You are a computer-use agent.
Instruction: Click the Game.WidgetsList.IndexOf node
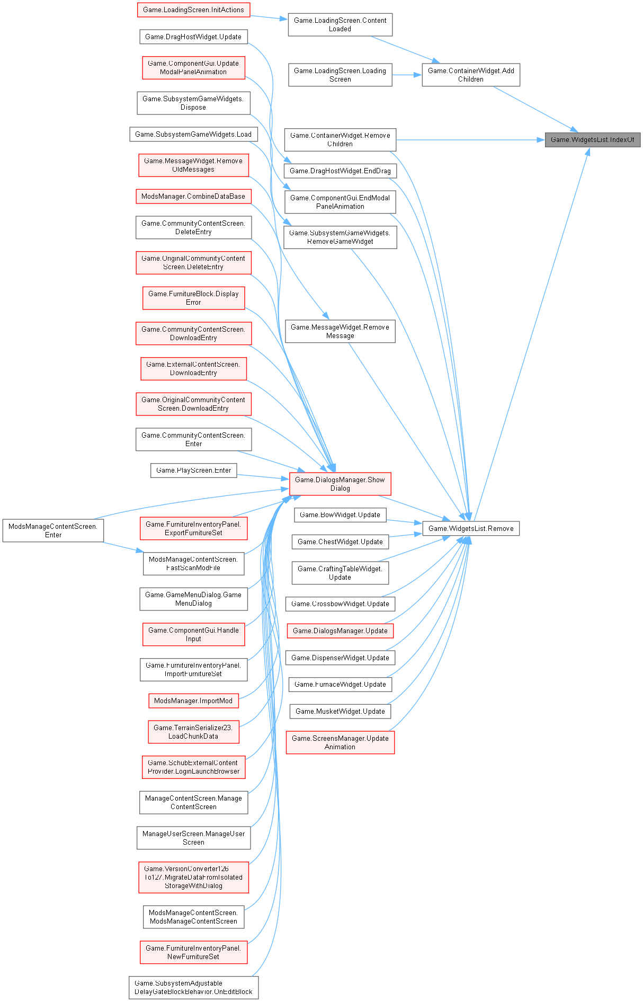point(593,140)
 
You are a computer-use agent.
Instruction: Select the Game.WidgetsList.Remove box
point(471,528)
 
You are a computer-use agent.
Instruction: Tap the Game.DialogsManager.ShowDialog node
point(340,484)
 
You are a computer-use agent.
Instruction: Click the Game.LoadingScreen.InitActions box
point(193,10)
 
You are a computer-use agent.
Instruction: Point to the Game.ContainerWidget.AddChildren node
point(471,75)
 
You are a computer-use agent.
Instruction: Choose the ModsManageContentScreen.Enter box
point(53,530)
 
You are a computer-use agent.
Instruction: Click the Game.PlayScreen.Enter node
point(194,471)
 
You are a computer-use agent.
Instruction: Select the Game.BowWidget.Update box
point(340,515)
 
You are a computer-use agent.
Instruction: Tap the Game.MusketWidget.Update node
point(340,711)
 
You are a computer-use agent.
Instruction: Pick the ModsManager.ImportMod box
point(193,700)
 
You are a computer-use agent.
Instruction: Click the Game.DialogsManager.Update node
point(340,631)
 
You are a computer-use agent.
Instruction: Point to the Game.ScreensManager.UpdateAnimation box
point(340,742)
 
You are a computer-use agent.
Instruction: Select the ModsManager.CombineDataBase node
point(193,197)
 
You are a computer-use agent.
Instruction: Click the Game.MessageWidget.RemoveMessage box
point(340,331)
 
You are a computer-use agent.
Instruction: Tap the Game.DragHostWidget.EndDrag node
point(340,171)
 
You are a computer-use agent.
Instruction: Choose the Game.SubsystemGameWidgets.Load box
point(193,134)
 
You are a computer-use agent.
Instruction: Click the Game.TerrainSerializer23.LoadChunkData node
point(193,732)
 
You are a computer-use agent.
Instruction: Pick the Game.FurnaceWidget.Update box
point(340,685)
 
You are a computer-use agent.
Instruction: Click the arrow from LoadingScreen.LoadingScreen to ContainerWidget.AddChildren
point(407,75)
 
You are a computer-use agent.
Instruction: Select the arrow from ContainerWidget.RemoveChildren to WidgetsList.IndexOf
point(466,140)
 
